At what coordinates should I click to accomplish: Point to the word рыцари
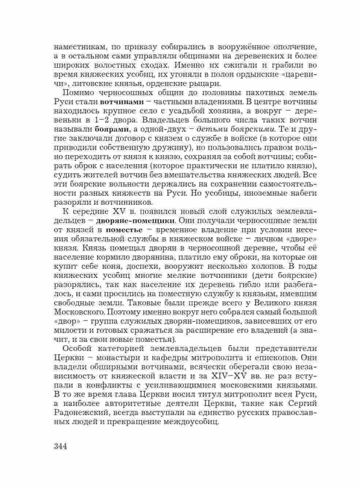210,83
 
